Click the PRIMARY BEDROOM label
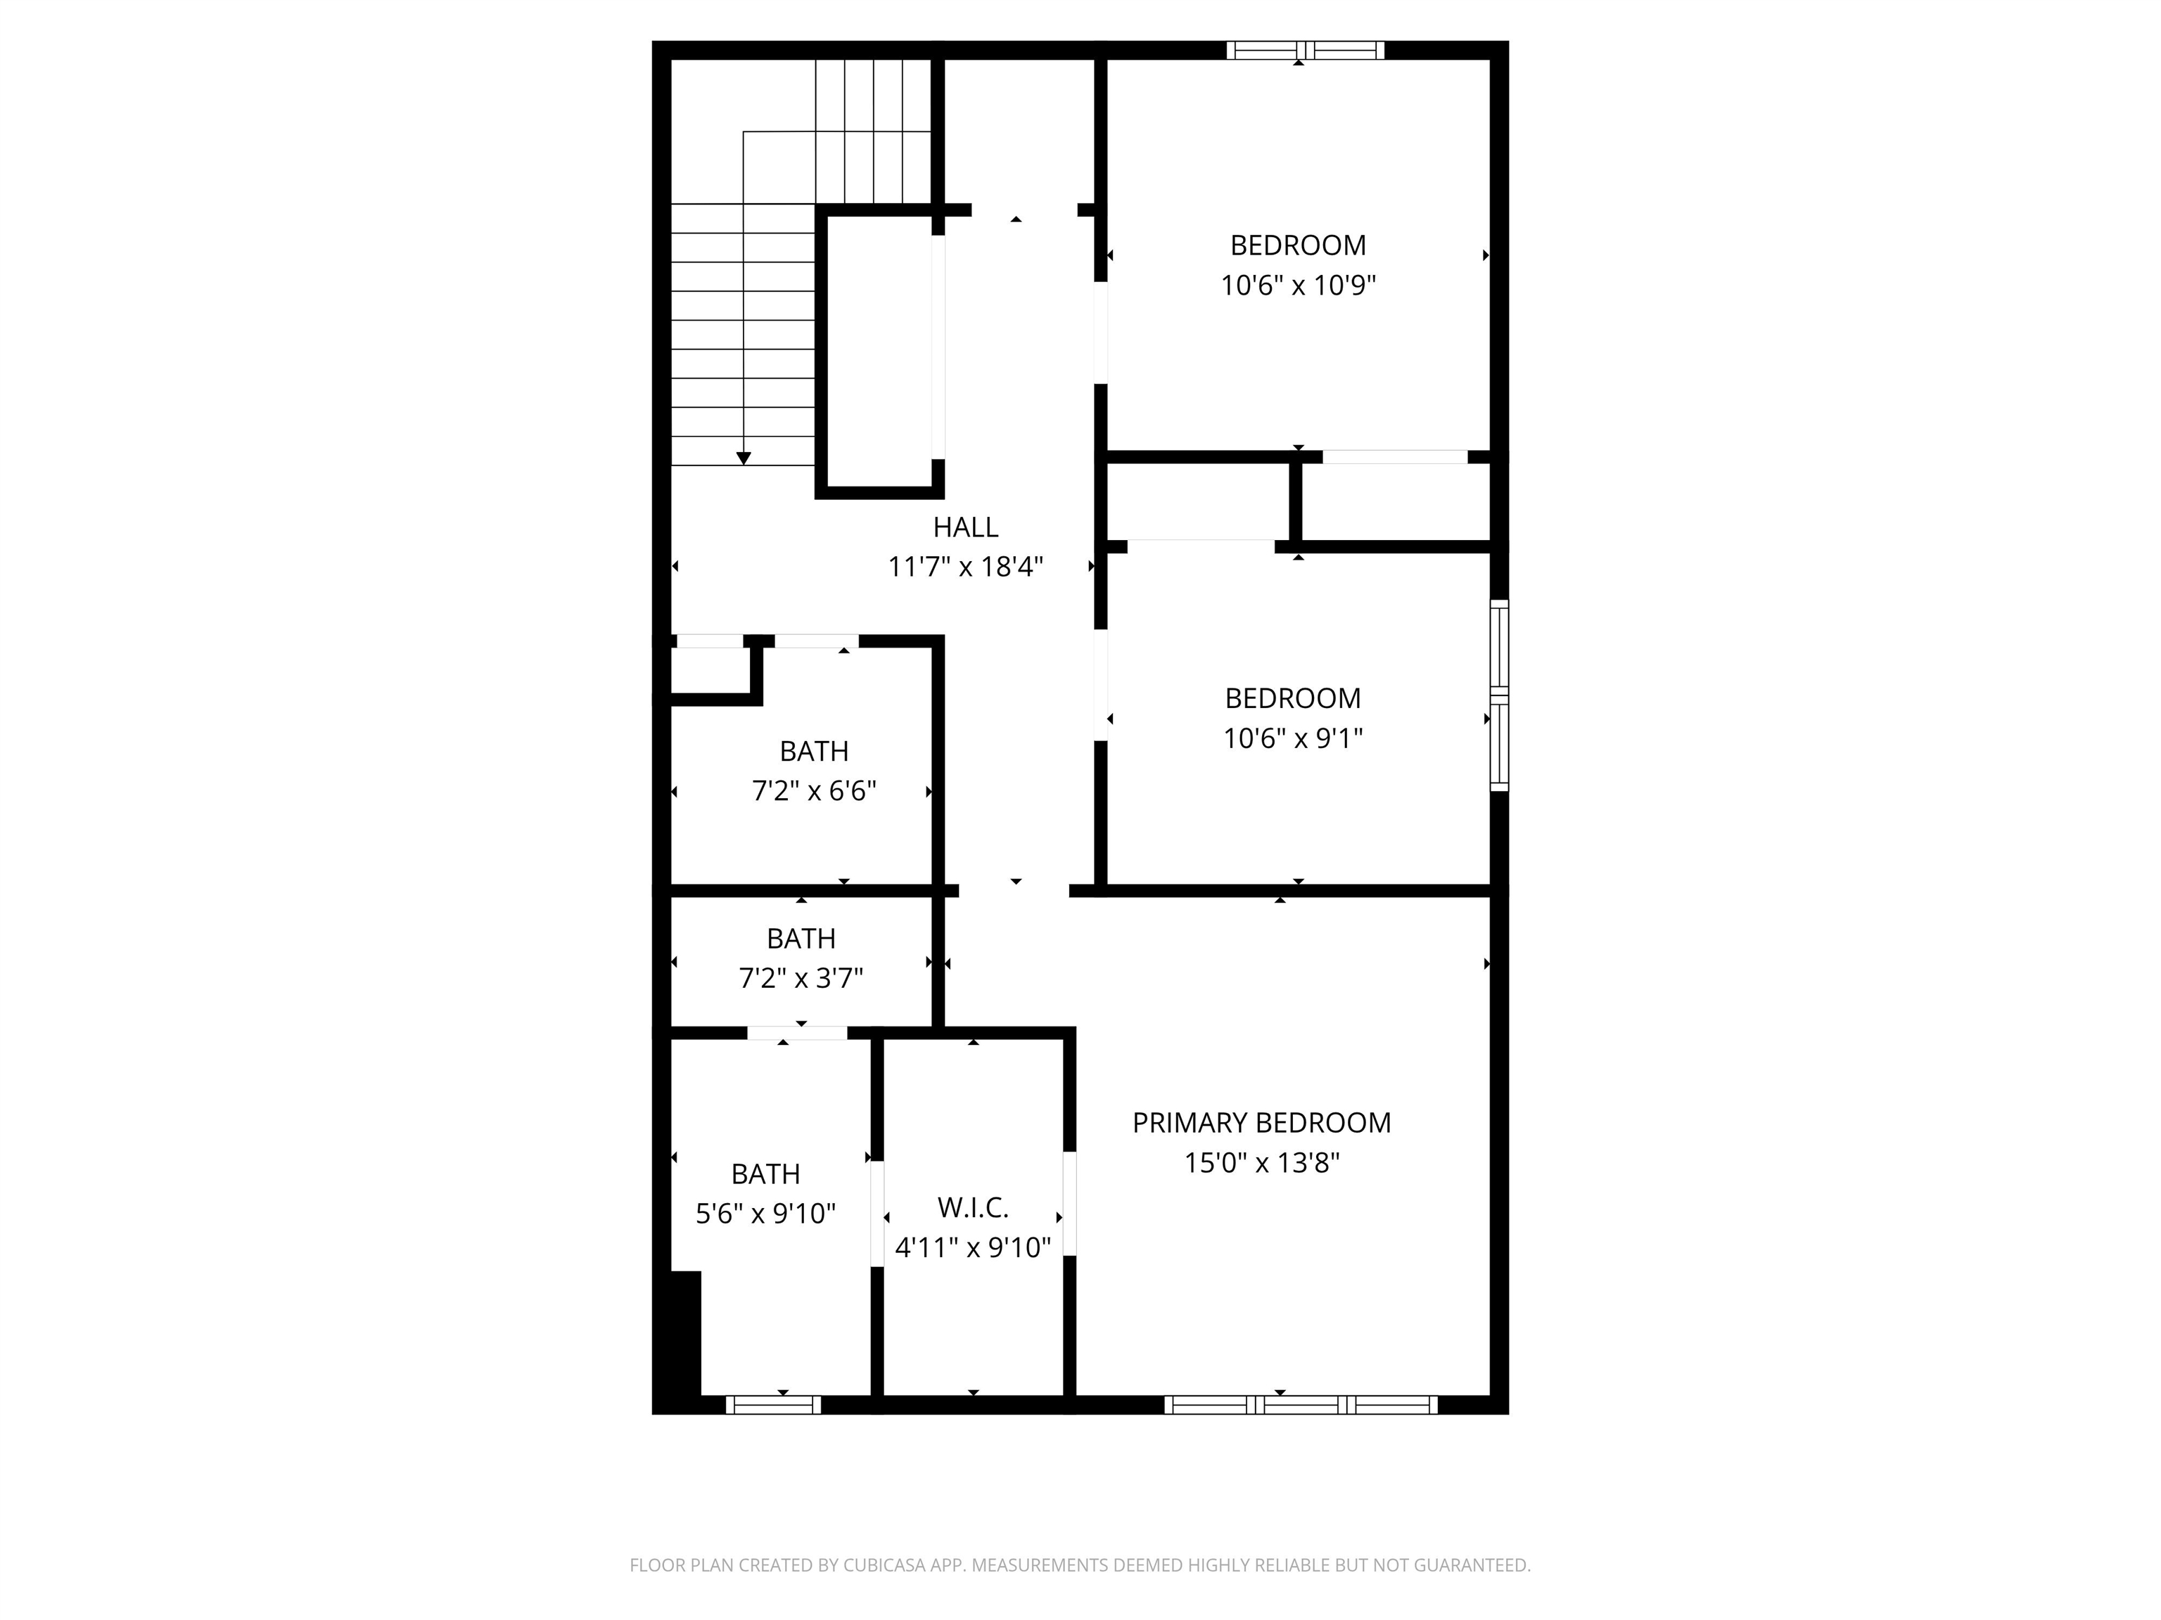tap(1261, 1123)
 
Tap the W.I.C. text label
tap(973, 1208)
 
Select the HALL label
tap(965, 527)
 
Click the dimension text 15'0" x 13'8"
tap(1261, 1163)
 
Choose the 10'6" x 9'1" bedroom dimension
tap(1292, 738)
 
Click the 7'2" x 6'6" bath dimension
tap(814, 791)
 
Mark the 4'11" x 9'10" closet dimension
tap(973, 1248)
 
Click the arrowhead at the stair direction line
tap(744, 458)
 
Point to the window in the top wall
tap(1305, 50)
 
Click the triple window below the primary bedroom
tap(1300, 1405)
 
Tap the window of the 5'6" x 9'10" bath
tap(773, 1405)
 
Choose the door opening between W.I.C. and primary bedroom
tap(1070, 1203)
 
